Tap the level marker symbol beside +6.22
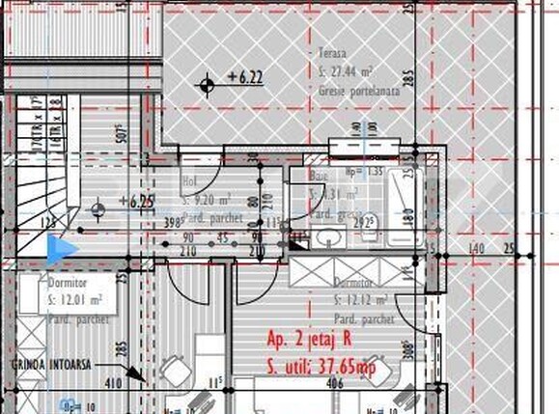pos(207,85)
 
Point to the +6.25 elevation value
pos(135,202)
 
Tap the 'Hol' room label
pos(190,180)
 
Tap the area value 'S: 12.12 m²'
pos(361,300)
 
